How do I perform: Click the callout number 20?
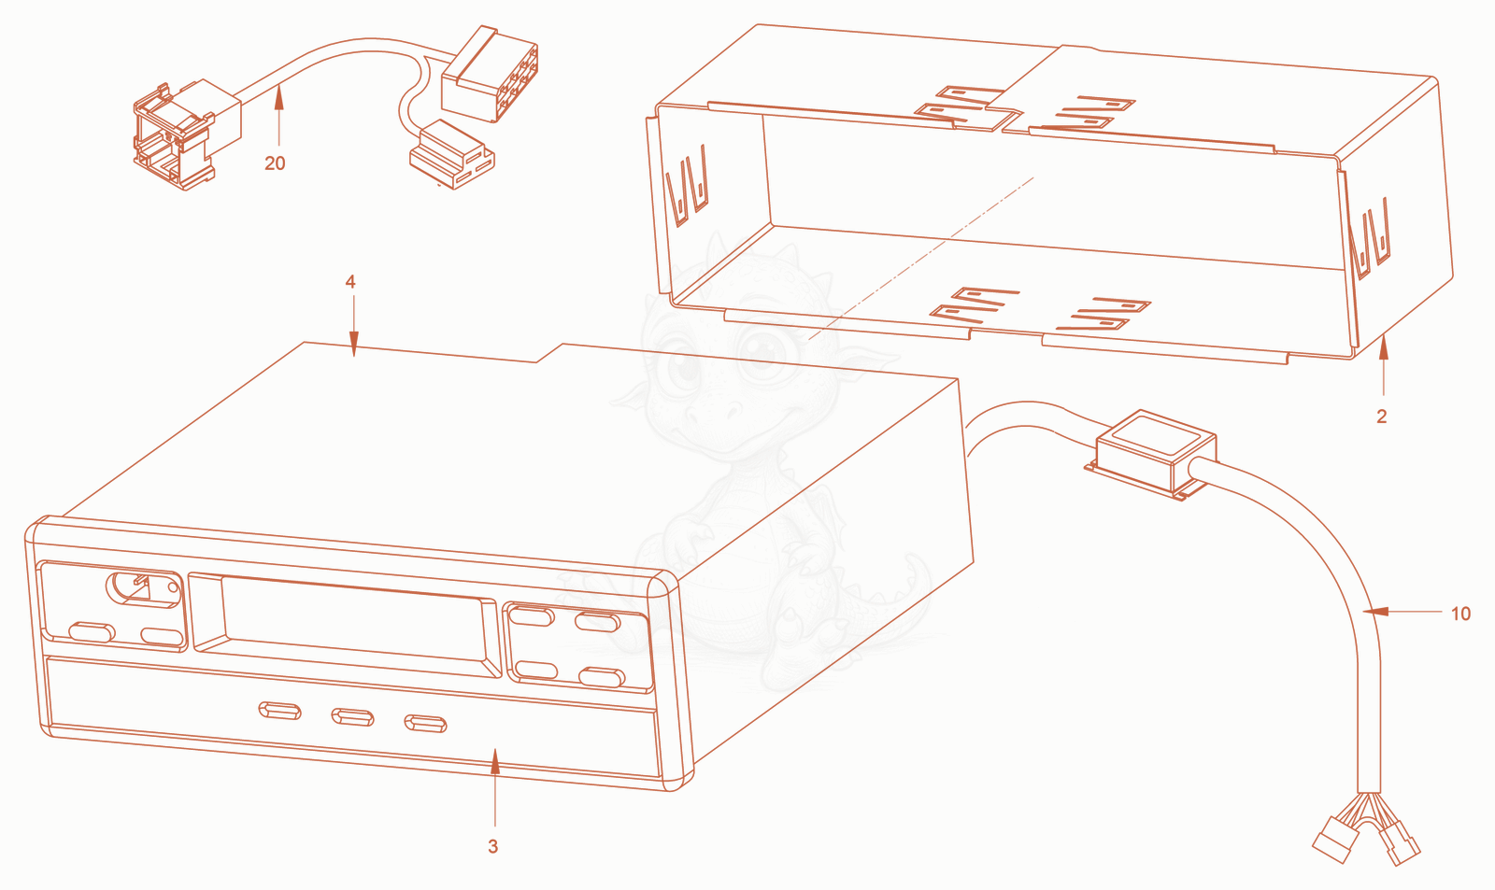(x=275, y=163)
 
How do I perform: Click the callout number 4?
(x=350, y=281)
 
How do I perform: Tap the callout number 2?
(x=1382, y=417)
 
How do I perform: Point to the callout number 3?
(x=492, y=847)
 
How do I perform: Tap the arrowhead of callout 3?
(x=494, y=760)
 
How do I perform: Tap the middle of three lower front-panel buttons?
(x=352, y=718)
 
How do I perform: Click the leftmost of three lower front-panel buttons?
(x=279, y=711)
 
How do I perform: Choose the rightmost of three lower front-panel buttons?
(x=425, y=724)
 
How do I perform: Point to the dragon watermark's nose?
(x=711, y=415)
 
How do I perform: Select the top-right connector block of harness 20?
(x=490, y=74)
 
